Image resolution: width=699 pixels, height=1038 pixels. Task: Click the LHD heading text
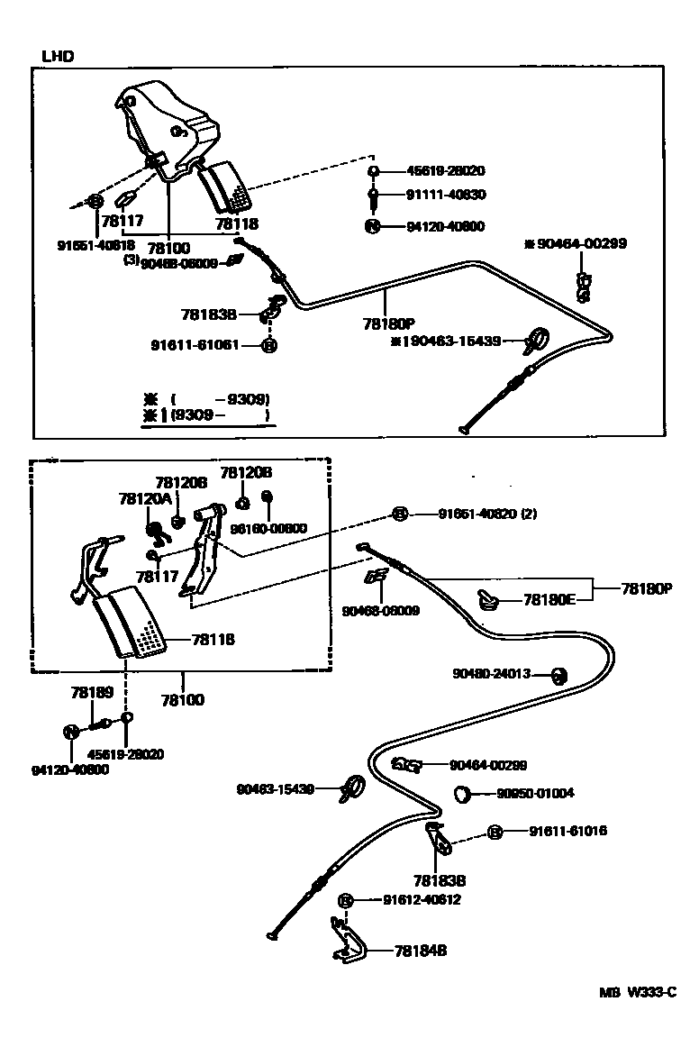[58, 56]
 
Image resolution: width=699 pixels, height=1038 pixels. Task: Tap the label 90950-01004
[535, 794]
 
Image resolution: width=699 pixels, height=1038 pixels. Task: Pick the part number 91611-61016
[567, 831]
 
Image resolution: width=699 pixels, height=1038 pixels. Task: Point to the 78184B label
[422, 950]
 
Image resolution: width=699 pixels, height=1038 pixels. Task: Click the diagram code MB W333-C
[638, 993]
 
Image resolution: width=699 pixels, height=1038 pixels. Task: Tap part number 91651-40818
[95, 244]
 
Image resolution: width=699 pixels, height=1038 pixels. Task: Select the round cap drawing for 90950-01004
[465, 794]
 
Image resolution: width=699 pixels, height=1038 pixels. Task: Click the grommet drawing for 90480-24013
[557, 675]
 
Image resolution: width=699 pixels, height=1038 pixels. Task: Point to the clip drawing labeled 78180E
[487, 598]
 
